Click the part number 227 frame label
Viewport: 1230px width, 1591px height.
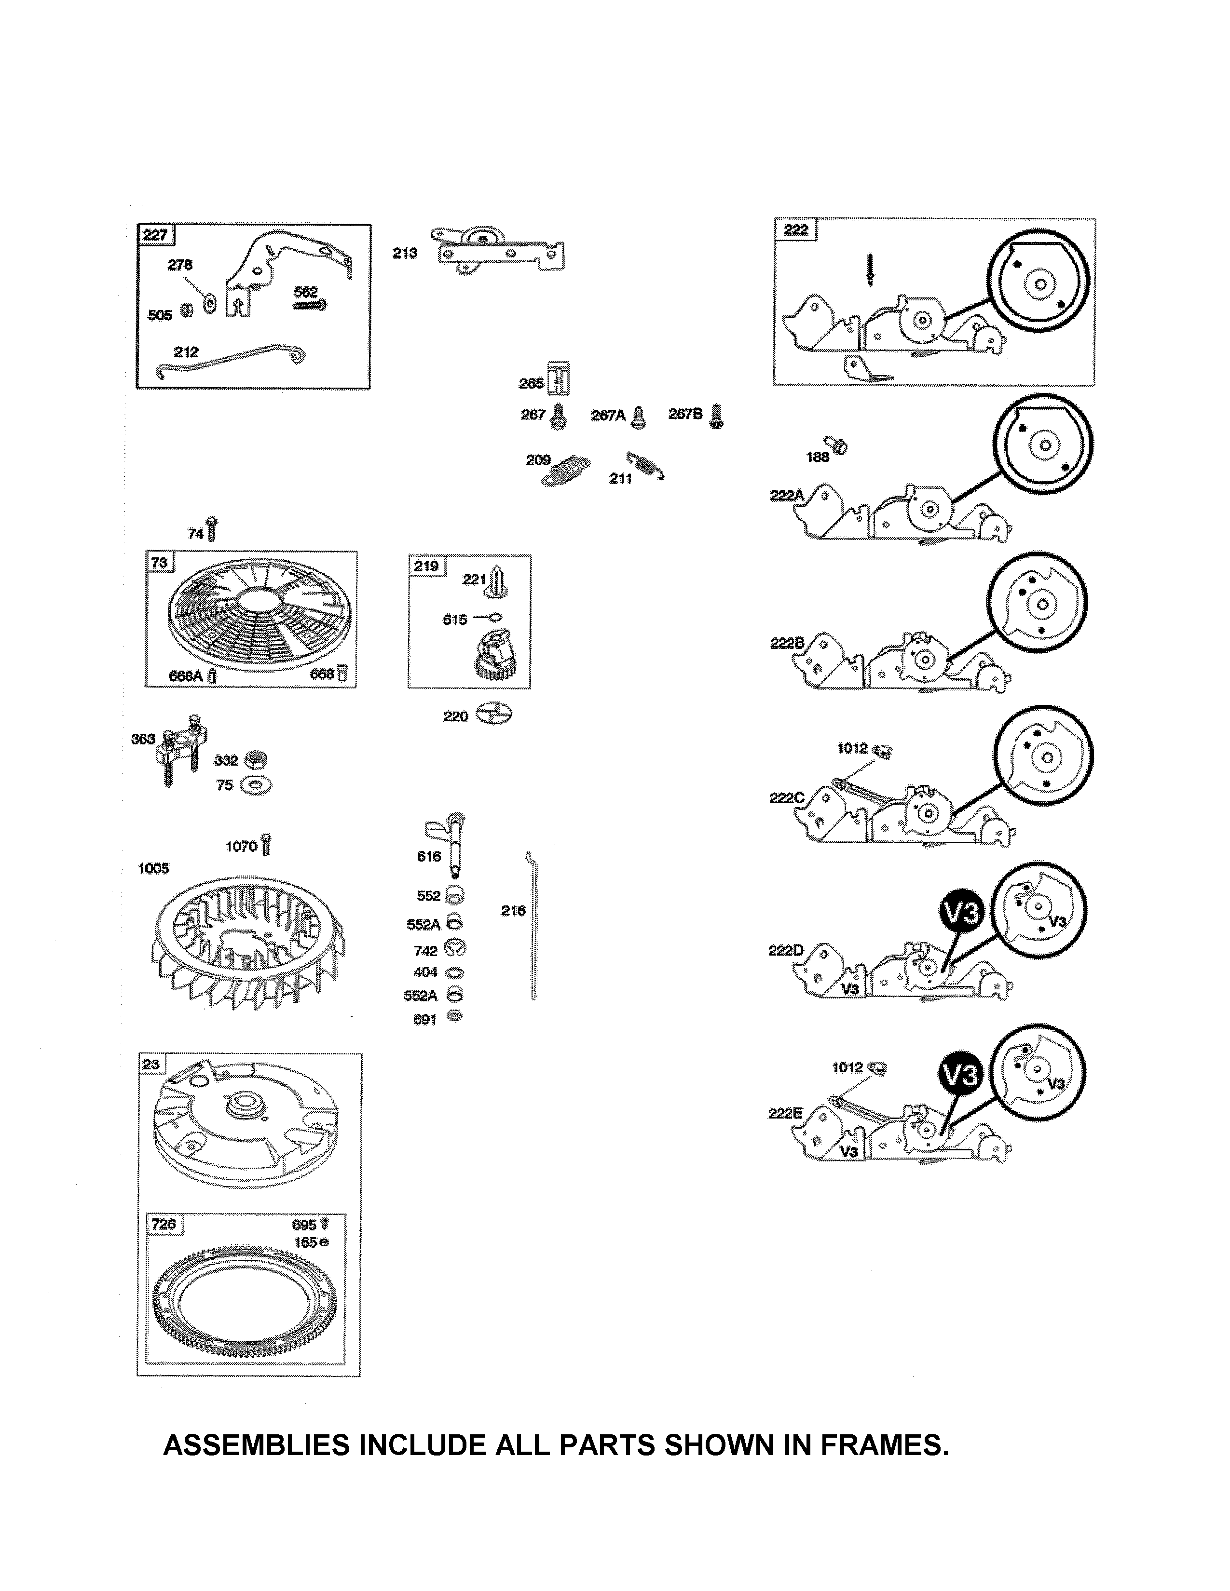click(x=155, y=235)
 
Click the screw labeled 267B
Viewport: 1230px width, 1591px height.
click(x=717, y=416)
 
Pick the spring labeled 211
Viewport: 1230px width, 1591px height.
click(x=645, y=465)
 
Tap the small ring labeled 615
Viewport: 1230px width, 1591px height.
click(x=497, y=618)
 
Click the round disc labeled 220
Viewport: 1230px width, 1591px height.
click(x=493, y=715)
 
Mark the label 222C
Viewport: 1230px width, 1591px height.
click(x=787, y=798)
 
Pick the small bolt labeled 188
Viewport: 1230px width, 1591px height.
click(x=837, y=444)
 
